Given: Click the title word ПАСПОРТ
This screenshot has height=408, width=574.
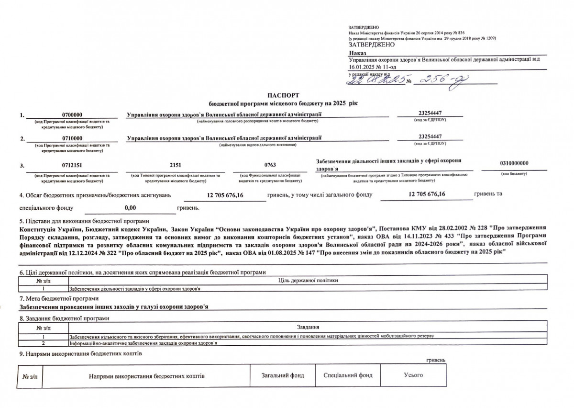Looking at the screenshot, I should point(287,96).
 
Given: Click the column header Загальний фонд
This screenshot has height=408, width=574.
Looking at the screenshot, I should point(283,375).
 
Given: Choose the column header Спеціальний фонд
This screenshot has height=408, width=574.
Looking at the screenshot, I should point(348,375).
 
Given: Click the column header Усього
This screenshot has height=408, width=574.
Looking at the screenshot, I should point(413,375).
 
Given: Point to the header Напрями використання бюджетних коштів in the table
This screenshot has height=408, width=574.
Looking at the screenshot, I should point(147,376).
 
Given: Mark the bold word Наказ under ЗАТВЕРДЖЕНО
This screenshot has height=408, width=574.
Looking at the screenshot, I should point(357,52).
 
